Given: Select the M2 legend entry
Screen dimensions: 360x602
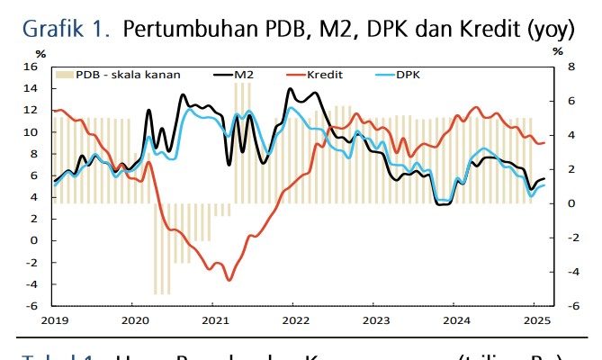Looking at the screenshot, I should pos(242,75).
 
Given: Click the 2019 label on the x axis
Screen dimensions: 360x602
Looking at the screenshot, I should pos(54,319).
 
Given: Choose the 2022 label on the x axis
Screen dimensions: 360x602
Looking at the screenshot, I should pos(295,319).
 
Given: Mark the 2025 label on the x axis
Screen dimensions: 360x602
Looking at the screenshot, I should pos(535,319).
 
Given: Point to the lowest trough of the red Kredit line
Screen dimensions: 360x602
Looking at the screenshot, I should pos(229,280).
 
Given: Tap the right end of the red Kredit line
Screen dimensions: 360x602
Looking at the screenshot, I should pos(544,143).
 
